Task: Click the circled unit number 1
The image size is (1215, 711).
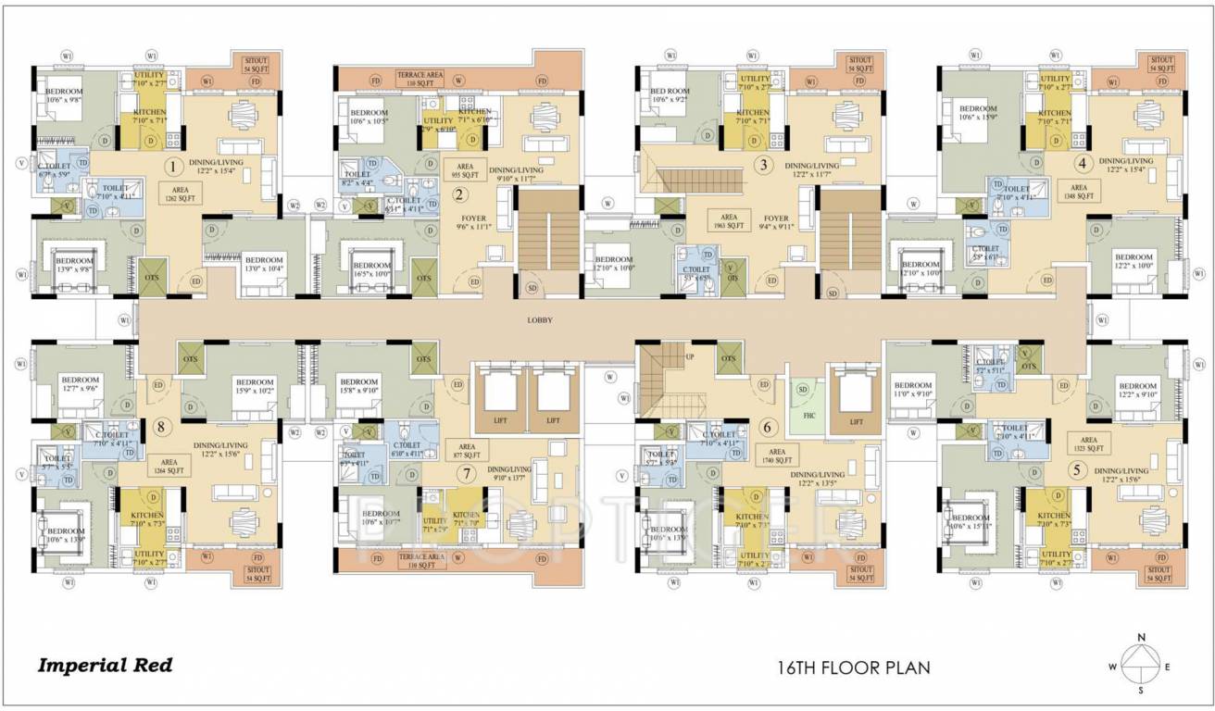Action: [171, 168]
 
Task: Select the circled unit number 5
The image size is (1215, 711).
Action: [1076, 469]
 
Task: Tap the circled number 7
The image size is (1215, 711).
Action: [469, 473]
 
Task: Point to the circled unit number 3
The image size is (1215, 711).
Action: [763, 166]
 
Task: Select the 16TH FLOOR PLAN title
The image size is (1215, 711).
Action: [853, 667]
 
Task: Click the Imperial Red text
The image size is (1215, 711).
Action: [105, 665]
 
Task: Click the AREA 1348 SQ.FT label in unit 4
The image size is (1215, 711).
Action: [1077, 189]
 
